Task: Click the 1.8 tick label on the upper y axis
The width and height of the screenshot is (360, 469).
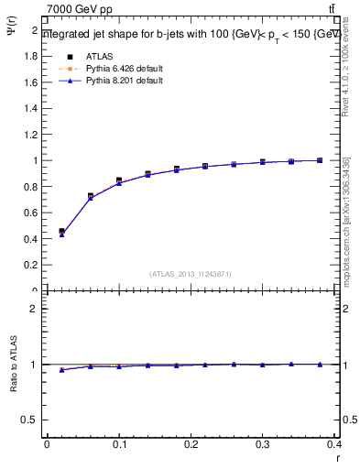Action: pyautogui.click(x=31, y=57)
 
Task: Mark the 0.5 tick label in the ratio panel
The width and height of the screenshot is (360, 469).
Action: pyautogui.click(x=31, y=420)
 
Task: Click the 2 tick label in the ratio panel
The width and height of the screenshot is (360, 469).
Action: pyautogui.click(x=36, y=309)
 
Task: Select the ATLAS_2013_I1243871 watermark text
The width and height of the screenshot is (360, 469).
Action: pyautogui.click(x=191, y=274)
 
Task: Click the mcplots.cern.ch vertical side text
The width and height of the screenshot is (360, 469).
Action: pyautogui.click(x=346, y=220)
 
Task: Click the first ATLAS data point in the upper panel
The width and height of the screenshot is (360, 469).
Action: pyautogui.click(x=61, y=232)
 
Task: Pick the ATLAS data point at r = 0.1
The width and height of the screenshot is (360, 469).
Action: pyautogui.click(x=119, y=180)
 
